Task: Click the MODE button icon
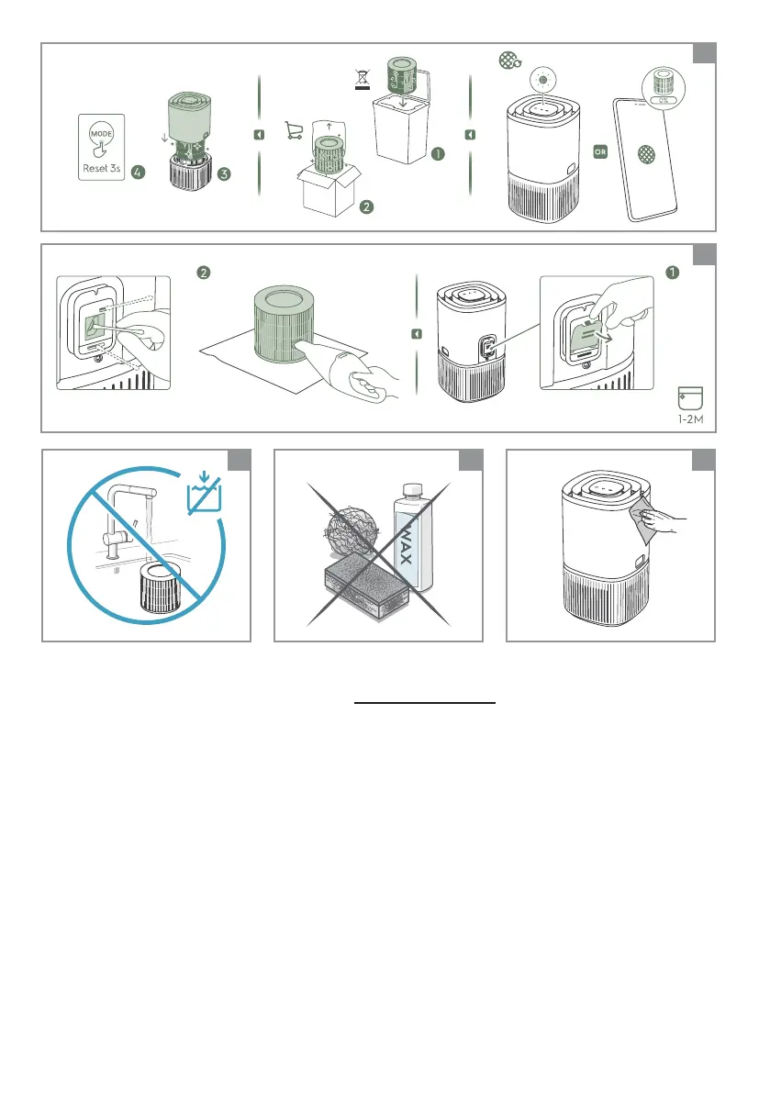101,133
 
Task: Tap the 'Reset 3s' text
102,168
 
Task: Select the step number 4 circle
139,173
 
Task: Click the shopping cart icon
294,130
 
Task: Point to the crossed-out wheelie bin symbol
363,80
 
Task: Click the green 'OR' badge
600,151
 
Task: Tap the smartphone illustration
644,159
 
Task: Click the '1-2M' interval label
690,418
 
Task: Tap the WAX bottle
412,537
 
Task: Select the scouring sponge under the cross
366,589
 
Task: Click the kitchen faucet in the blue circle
126,519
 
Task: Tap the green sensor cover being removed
586,338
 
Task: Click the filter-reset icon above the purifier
510,61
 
